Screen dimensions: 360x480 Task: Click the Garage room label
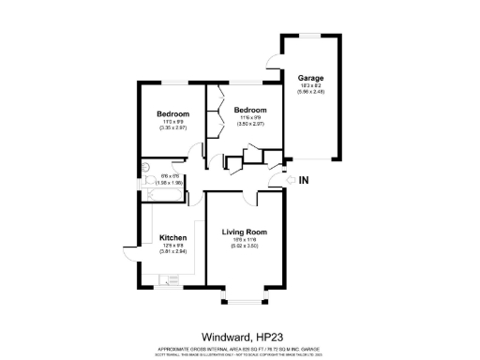tap(310, 77)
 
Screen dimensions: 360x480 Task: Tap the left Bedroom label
tap(172, 113)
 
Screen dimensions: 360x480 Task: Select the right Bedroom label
tap(251, 109)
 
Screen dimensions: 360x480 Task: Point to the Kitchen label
tap(172, 237)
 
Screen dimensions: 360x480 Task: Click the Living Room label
tap(245, 232)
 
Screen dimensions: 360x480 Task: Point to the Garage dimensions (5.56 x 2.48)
tap(310, 92)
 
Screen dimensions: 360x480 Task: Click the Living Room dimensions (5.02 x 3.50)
tap(245, 247)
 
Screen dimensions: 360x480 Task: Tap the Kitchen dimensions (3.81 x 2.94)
tap(172, 252)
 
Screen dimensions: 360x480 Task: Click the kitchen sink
tap(171, 277)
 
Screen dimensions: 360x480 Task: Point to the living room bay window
tap(244, 302)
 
